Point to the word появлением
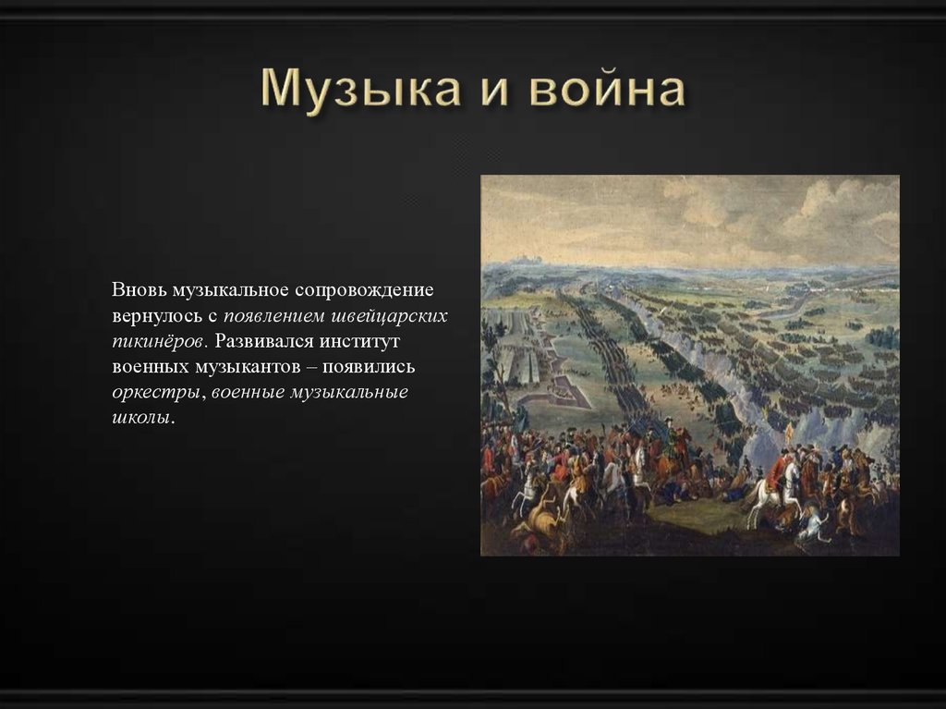pyautogui.click(x=282, y=315)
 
